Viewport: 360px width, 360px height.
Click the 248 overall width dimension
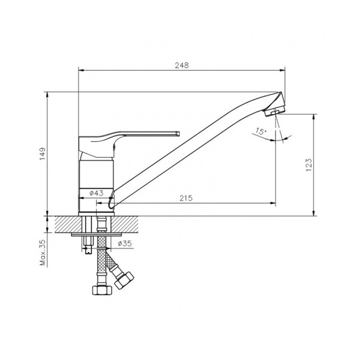click(182, 65)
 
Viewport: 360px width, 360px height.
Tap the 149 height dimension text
click(43, 154)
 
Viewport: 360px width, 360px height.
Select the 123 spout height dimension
click(309, 164)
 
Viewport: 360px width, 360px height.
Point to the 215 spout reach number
click(186, 198)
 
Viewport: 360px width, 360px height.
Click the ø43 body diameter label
click(97, 193)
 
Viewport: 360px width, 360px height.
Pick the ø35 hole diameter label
click(125, 244)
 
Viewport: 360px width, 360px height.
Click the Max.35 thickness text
click(43, 253)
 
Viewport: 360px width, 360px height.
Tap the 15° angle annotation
click(260, 131)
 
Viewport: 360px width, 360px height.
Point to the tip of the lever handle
click(178, 134)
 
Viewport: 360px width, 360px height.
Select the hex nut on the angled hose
click(124, 280)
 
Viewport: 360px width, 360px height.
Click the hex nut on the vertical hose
click(102, 290)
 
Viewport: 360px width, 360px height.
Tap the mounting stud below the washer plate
click(88, 245)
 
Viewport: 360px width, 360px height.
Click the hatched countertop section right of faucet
click(125, 224)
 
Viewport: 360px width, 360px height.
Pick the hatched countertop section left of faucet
click(68, 224)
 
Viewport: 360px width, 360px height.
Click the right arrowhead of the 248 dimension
click(282, 70)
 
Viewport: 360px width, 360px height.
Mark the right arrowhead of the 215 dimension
click(273, 203)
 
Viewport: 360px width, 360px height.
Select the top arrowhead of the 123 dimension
click(314, 117)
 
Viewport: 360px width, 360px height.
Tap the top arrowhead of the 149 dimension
click(47, 95)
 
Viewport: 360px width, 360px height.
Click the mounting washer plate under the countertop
click(97, 234)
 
